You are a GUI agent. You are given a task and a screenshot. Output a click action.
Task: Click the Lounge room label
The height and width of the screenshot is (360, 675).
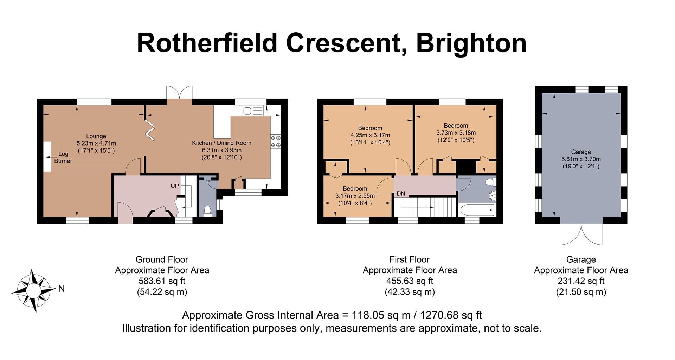pos(96,136)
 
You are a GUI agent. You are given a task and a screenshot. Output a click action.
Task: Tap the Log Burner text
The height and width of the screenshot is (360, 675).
pos(63,157)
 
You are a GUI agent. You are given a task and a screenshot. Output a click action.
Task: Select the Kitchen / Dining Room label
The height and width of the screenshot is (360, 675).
pos(221,143)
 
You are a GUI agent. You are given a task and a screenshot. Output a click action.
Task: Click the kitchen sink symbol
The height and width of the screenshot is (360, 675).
pos(252,111)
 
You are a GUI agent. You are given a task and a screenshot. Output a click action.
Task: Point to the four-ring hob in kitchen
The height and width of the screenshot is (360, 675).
pos(276,141)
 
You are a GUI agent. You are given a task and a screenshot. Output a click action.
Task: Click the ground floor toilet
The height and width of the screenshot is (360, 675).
pos(207,211)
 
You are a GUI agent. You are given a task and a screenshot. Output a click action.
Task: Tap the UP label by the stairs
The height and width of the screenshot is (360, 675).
pos(175,186)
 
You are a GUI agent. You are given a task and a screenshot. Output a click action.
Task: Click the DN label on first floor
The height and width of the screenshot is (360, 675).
pos(401,194)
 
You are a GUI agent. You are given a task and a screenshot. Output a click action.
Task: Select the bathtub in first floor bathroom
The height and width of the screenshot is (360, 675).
pos(477,210)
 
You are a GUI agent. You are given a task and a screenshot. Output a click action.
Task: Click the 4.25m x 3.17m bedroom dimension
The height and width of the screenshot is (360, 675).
pos(370,135)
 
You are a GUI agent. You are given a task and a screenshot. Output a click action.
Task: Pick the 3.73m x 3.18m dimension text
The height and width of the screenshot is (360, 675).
pos(456,133)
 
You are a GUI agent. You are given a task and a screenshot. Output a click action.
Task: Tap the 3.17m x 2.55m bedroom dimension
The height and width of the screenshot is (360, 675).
pos(355,196)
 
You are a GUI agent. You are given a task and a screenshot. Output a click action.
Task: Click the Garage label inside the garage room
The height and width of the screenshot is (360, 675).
pos(581,152)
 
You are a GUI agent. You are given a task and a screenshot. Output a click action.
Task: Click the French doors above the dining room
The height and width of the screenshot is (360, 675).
pos(180,93)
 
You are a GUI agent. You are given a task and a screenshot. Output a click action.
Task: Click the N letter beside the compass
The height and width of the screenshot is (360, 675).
pos(62,289)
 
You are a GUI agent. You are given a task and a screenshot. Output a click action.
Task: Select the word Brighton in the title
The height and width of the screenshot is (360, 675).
pos(471,44)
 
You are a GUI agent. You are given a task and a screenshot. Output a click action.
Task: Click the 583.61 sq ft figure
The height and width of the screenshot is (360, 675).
pos(162,281)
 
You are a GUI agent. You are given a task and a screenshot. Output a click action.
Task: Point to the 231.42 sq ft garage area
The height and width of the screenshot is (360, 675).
pos(581,281)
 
